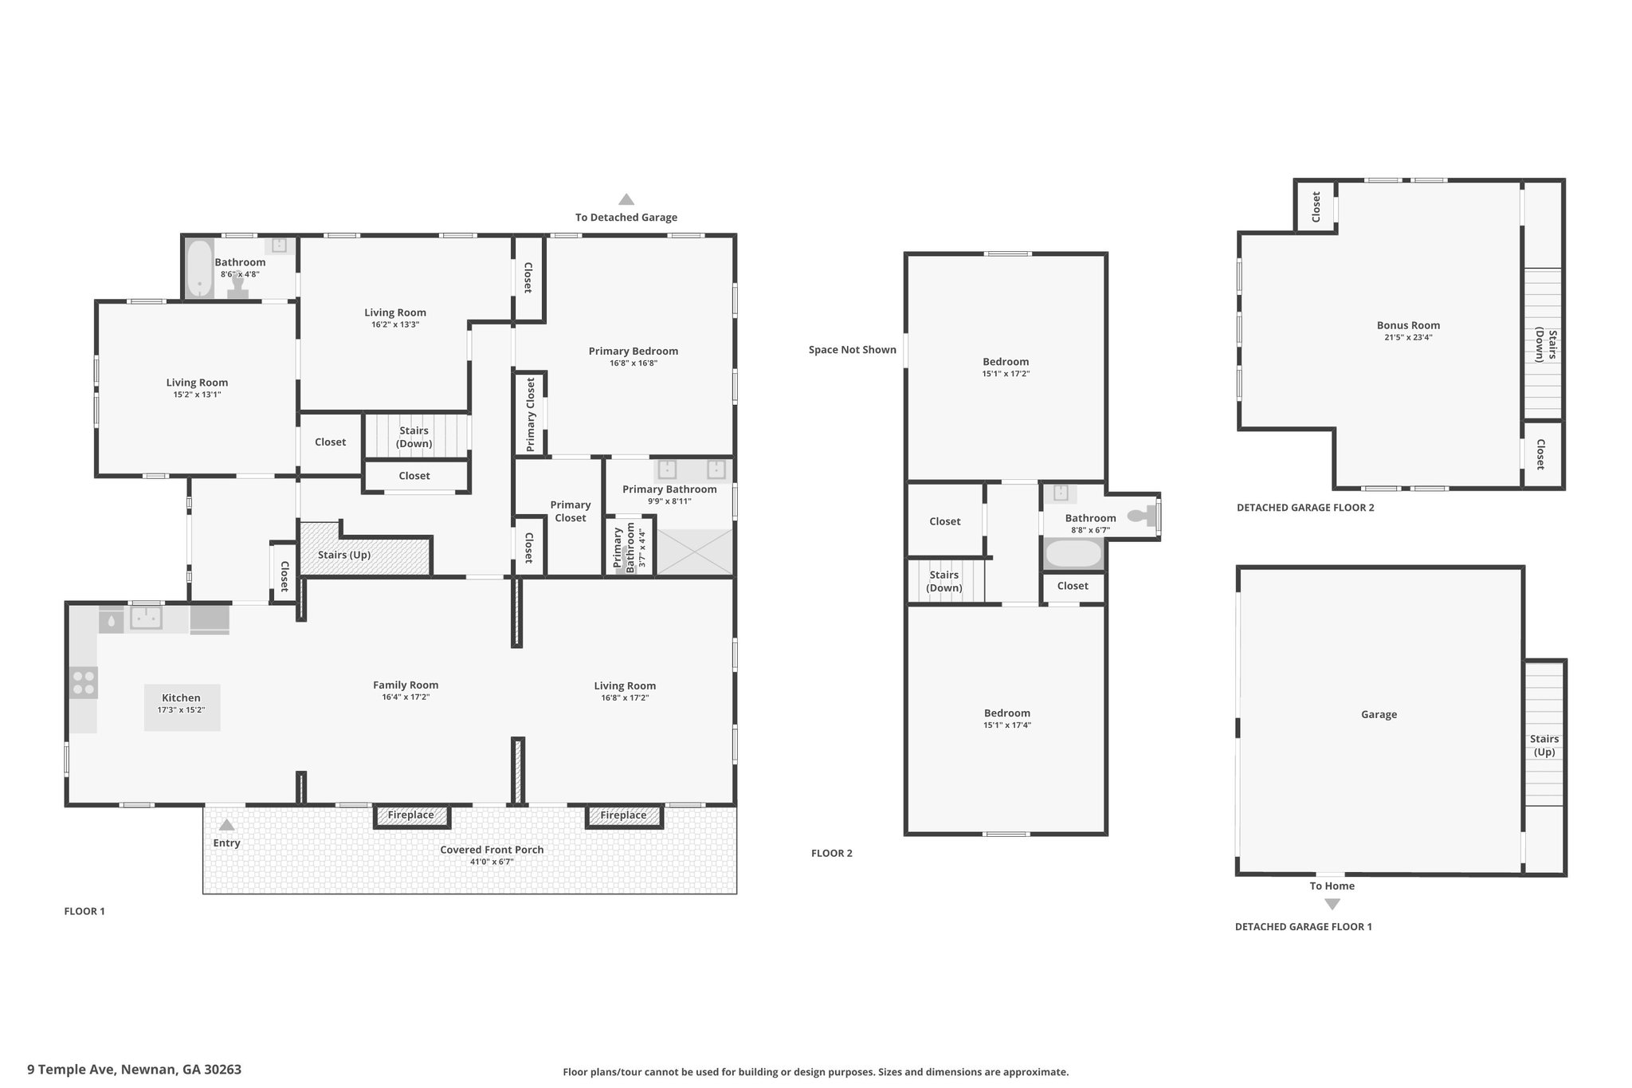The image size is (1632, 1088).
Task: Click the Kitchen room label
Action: tap(181, 697)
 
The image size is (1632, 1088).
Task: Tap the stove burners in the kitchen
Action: tap(84, 683)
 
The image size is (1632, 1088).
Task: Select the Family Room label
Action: tap(406, 685)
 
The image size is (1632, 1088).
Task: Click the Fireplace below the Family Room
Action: tap(411, 815)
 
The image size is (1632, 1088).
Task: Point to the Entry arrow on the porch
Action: tap(227, 825)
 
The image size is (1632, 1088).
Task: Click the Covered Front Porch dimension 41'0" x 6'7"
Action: tap(492, 862)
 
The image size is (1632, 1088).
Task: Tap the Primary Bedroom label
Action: tap(634, 351)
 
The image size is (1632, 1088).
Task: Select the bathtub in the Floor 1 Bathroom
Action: tap(199, 269)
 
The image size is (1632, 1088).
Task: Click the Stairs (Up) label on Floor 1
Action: tap(344, 555)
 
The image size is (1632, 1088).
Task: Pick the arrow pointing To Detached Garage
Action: tap(626, 199)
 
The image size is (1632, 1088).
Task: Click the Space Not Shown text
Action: tap(853, 350)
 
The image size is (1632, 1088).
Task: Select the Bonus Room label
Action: tap(1409, 325)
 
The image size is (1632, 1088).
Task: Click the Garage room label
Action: tap(1379, 714)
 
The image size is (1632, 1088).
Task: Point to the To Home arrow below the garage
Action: tap(1332, 904)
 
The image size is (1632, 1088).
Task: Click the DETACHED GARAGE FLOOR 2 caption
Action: tap(1305, 507)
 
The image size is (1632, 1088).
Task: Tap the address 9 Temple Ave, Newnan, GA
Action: tap(134, 1070)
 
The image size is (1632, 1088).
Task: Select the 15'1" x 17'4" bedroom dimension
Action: tap(1007, 725)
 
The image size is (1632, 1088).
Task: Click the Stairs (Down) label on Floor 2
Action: tap(944, 581)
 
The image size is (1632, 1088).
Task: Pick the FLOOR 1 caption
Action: tap(84, 911)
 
